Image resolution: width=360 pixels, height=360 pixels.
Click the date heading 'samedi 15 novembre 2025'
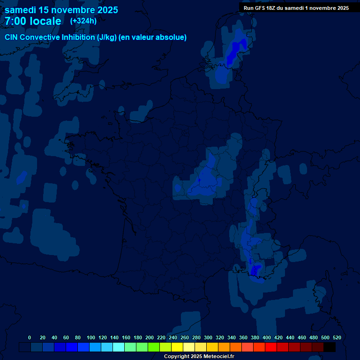[61, 10]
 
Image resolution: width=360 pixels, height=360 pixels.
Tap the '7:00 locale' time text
[33, 21]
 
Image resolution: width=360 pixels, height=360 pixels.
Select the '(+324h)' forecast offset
[83, 21]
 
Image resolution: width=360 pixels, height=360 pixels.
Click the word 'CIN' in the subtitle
[12, 37]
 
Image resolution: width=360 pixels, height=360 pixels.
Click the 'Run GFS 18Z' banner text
[260, 7]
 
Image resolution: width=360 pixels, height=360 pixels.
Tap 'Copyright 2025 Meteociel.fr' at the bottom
[199, 356]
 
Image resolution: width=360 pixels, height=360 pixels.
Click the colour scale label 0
[30, 337]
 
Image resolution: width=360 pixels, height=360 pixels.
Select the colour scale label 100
[91, 337]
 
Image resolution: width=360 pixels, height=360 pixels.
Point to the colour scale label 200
[150, 337]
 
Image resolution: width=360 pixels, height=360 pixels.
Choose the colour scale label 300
[208, 337]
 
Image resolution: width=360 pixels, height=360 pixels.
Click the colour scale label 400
[267, 337]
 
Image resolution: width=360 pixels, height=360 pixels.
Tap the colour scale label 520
[337, 337]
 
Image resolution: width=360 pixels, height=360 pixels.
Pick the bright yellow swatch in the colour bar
[177, 347]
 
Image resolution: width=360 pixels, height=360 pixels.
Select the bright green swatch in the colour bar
[154, 347]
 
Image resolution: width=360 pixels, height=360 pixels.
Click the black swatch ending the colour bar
[330, 347]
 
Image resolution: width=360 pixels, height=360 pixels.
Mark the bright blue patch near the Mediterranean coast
[255, 270]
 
